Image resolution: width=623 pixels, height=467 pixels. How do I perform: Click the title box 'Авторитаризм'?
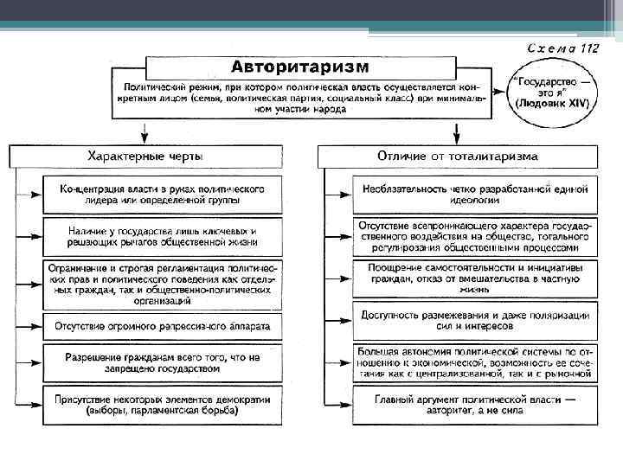coord(299,67)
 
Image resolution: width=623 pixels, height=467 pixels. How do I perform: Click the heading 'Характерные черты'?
coord(145,157)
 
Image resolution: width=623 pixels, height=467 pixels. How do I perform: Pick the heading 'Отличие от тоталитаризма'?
coord(457,157)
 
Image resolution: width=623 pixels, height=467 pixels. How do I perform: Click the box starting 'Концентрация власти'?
coord(163,194)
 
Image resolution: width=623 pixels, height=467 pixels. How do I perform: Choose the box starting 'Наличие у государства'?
coord(163,236)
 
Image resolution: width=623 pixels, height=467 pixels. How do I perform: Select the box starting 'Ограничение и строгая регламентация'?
coord(163,284)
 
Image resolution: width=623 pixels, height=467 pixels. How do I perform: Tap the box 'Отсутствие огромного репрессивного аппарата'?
coord(163,327)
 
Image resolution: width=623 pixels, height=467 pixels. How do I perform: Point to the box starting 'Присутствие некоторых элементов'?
coord(163,405)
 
